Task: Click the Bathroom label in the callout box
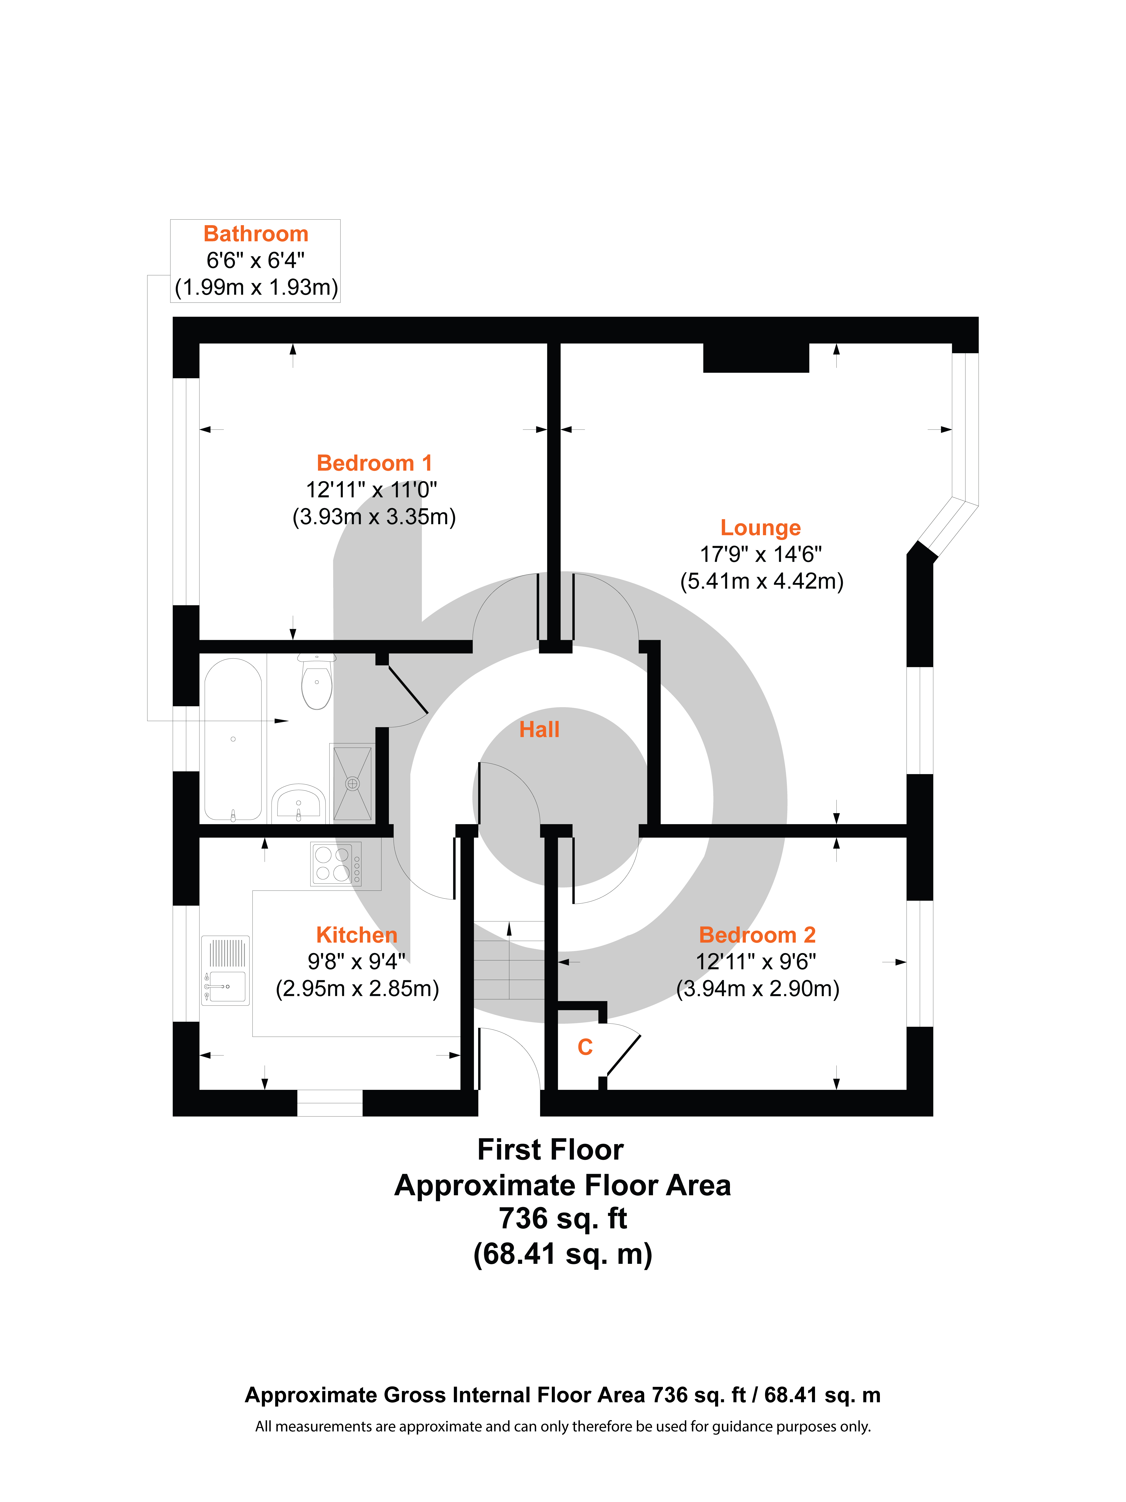coord(256,234)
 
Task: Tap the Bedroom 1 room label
coord(374,463)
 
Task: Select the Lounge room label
coord(760,528)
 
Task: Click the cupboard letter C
coord(584,1047)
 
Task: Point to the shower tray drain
coord(352,784)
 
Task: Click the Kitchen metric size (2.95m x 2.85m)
coord(357,989)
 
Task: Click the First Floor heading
coord(550,1150)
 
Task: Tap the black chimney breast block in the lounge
coord(755,358)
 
